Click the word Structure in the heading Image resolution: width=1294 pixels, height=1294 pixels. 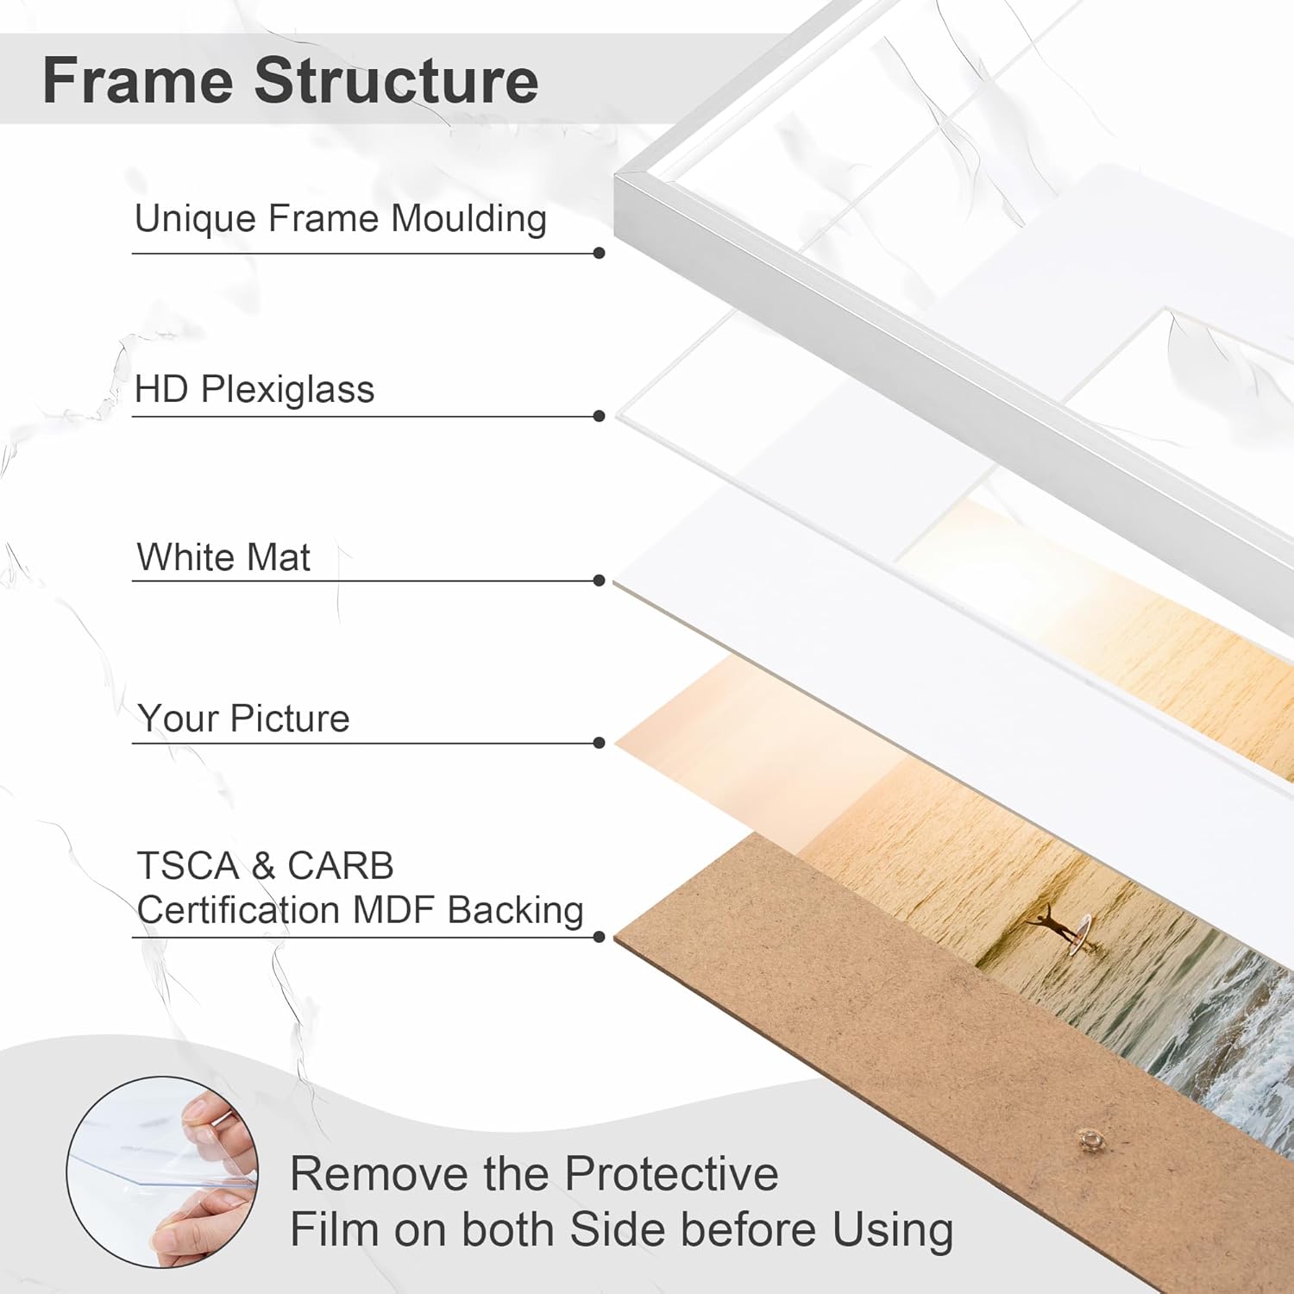point(396,80)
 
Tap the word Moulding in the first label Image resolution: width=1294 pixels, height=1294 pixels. point(468,219)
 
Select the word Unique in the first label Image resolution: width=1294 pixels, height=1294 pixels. point(196,219)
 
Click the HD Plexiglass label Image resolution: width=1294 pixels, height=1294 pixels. point(254,390)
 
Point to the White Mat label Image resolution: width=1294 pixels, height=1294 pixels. point(223,557)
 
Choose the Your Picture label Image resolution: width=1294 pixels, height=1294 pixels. point(243,719)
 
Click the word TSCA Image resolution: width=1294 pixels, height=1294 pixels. point(187,865)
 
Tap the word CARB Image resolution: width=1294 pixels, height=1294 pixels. point(340,865)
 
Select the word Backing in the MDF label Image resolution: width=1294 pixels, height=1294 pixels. point(515,911)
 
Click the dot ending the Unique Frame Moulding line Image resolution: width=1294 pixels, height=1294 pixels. point(600,253)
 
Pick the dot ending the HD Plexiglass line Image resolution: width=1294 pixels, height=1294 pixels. point(600,416)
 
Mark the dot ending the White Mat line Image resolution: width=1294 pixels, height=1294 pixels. point(600,581)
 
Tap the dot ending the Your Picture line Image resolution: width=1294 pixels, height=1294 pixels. point(600,743)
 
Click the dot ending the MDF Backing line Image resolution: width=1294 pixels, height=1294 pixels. point(600,937)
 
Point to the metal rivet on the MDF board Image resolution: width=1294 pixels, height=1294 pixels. point(1091,1141)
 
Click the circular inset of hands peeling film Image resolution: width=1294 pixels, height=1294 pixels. point(162,1172)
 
